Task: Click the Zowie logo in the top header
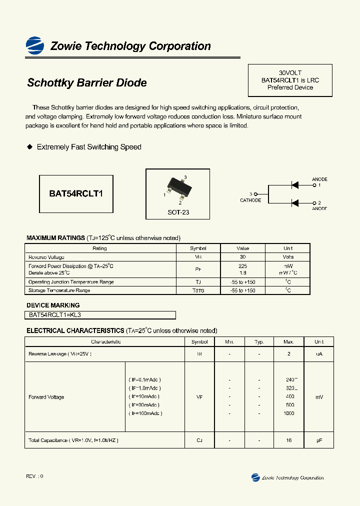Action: click(x=35, y=45)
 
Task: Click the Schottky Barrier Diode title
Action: click(x=86, y=83)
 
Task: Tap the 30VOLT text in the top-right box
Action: click(x=290, y=72)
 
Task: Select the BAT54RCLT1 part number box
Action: click(x=76, y=193)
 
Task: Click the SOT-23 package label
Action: click(x=178, y=212)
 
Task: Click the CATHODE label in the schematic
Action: click(x=250, y=200)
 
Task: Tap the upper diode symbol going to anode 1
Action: click(x=294, y=185)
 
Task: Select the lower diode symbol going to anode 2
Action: click(x=294, y=203)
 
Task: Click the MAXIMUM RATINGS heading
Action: click(x=55, y=238)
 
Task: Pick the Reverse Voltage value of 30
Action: click(x=243, y=257)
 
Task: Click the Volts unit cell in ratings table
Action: click(x=288, y=257)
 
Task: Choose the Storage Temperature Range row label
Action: click(x=59, y=290)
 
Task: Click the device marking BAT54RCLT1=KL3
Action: click(x=55, y=315)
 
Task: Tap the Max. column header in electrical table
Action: click(x=288, y=342)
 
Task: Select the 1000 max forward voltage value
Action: click(x=288, y=413)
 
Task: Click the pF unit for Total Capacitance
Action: click(x=319, y=440)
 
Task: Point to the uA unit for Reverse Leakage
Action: click(x=319, y=353)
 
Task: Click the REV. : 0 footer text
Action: click(x=35, y=476)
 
